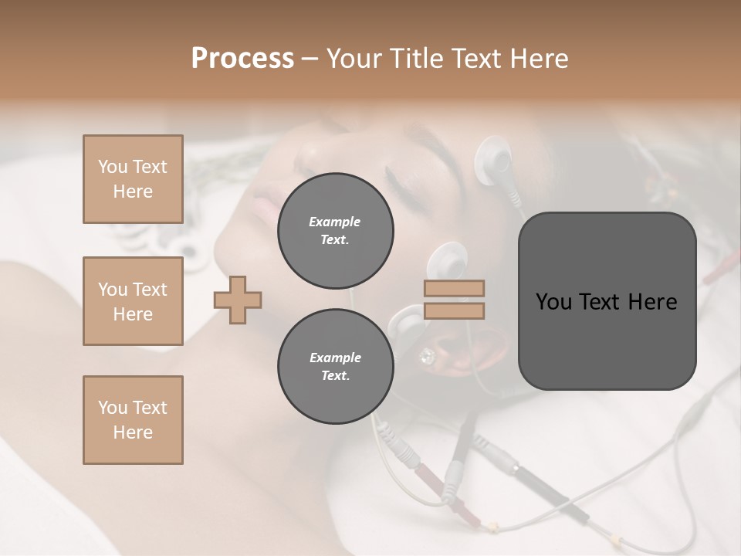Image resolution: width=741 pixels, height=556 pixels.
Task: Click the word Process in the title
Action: coord(242,59)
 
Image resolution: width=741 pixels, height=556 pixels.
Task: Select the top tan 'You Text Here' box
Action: coord(133,179)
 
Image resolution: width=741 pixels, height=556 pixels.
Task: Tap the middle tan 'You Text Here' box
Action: coord(133,301)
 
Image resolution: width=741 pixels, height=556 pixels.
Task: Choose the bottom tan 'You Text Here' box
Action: coord(133,419)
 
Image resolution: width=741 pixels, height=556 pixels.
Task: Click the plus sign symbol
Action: coord(238,300)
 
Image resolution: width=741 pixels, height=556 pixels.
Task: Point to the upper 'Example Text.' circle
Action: coord(335,231)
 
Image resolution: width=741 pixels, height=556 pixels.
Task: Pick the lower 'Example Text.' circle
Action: coord(335,367)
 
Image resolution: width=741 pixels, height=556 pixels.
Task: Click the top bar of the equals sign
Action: coord(454,288)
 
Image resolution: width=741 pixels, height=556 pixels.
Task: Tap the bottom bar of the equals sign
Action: coord(454,311)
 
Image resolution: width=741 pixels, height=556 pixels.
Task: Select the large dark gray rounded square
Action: coord(607,301)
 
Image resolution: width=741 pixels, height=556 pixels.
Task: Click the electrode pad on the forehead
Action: coord(494,159)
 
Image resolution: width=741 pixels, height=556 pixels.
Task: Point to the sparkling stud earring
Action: coord(426,356)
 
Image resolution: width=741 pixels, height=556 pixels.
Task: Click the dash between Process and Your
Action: coord(310,59)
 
